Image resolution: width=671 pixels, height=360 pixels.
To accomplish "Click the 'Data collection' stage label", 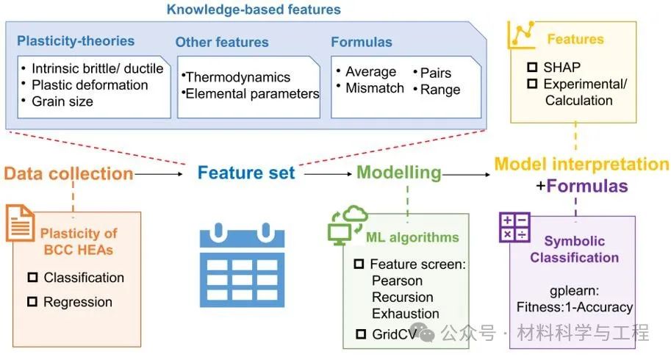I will (68, 174).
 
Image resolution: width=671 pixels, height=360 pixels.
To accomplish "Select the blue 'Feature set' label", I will (246, 174).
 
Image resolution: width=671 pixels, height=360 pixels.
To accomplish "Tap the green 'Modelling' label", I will (399, 173).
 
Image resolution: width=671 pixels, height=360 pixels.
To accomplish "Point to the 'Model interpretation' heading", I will (581, 164).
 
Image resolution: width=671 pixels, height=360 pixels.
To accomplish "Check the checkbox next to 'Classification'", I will (32, 278).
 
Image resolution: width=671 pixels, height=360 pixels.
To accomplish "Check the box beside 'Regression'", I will (32, 302).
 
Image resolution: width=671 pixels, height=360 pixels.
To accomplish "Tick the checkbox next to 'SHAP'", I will (532, 67).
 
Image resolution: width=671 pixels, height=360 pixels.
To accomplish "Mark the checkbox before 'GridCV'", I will (359, 334).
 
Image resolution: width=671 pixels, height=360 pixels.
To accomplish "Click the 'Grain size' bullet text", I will (62, 101).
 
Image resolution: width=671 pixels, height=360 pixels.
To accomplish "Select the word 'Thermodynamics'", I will (238, 77).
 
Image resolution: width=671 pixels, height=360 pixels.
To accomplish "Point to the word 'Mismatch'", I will (376, 88).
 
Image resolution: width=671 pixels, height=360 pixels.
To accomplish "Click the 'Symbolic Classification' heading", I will (575, 250).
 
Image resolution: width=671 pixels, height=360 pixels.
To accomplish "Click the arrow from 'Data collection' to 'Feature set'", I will (159, 175).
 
